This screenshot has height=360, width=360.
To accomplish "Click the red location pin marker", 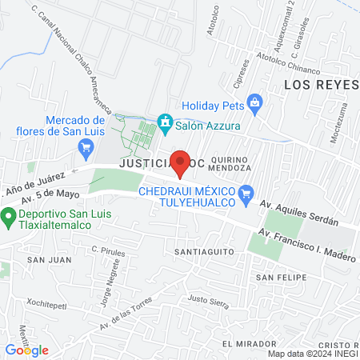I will coord(182,163).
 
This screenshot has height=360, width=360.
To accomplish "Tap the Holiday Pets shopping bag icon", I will coord(255,102).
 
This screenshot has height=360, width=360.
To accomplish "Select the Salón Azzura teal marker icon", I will coord(165,121).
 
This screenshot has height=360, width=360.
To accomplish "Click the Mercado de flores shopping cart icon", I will coord(86,147).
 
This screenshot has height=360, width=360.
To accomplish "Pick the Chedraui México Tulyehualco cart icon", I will coord(246,192).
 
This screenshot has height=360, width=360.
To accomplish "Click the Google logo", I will coord(26,350).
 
